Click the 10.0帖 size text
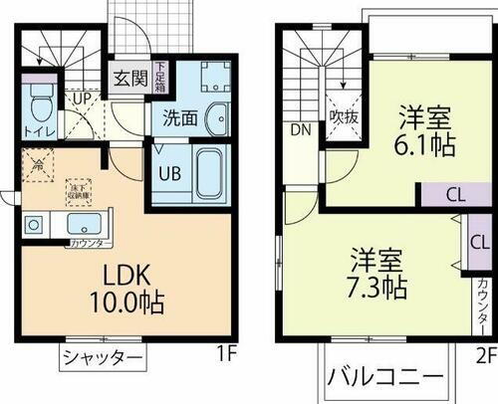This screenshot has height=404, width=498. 130,303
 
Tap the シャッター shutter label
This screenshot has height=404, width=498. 100,359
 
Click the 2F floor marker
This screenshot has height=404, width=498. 484,353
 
